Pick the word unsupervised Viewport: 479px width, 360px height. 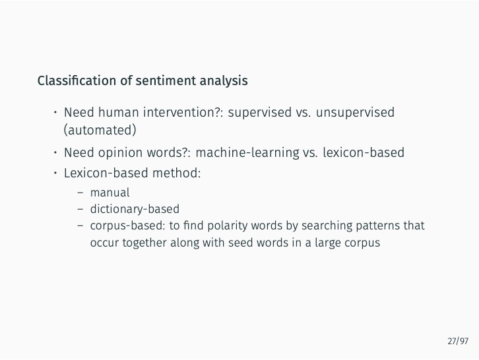[355, 112]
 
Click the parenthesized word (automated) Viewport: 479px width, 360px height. [100, 129]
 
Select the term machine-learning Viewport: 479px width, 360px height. [247, 153]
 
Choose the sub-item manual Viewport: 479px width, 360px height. [110, 193]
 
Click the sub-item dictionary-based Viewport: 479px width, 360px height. [135, 209]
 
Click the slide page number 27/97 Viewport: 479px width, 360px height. [457, 341]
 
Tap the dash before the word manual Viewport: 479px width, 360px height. [80, 193]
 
